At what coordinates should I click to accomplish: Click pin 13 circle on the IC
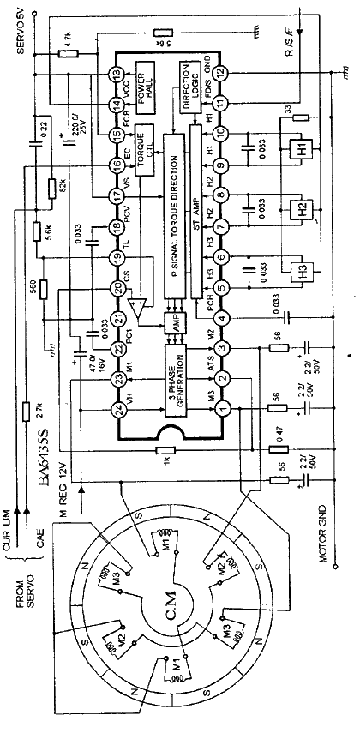118,75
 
